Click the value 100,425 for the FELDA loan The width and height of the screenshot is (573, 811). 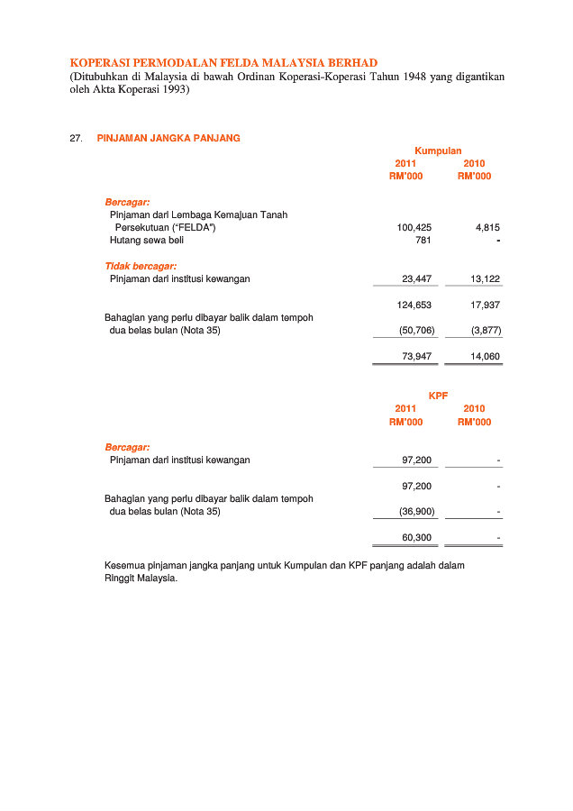point(414,228)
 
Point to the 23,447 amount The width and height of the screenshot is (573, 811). point(416,279)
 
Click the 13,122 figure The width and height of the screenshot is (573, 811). point(485,279)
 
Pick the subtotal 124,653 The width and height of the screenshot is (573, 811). point(414,305)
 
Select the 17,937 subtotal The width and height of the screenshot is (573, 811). point(485,305)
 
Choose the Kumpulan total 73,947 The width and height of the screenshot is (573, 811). point(416,357)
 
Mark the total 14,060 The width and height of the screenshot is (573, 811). point(485,357)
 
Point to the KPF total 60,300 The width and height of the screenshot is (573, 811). point(416,538)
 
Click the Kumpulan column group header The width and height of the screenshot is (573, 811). point(438,151)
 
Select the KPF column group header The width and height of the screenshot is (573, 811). point(438,396)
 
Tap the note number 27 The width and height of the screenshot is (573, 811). point(76,138)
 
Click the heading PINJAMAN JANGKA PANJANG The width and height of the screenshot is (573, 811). point(168,138)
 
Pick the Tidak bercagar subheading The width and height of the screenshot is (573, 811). point(141,266)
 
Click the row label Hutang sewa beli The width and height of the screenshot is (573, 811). point(147,241)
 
